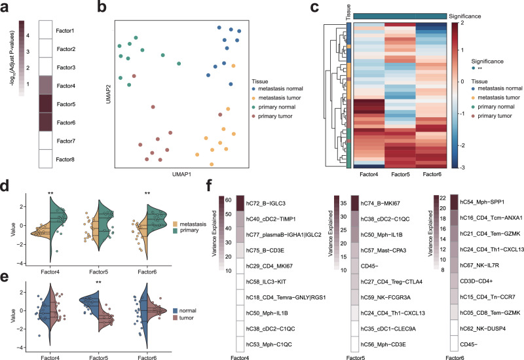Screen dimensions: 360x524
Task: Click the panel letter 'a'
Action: coord(6,7)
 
